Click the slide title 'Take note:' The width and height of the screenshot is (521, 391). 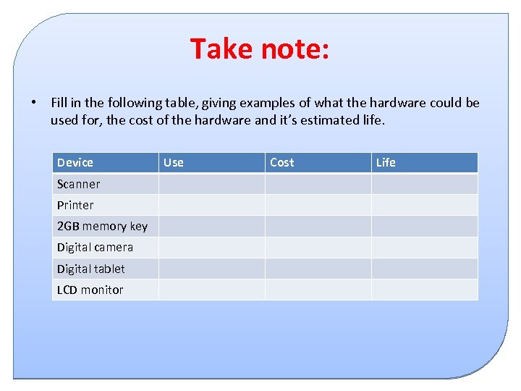pyautogui.click(x=260, y=49)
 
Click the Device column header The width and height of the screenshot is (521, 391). pyautogui.click(x=75, y=162)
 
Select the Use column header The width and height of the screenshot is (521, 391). pyautogui.click(x=174, y=162)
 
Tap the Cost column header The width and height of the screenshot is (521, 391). pyautogui.click(x=282, y=162)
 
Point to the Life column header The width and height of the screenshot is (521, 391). pyautogui.click(x=386, y=162)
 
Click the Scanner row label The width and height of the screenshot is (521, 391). pyautogui.click(x=79, y=184)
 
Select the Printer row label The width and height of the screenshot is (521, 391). pyautogui.click(x=75, y=205)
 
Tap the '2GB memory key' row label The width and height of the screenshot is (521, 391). pyautogui.click(x=102, y=226)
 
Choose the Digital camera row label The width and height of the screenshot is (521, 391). pyautogui.click(x=95, y=247)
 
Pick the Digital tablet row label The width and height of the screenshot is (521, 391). pyautogui.click(x=91, y=269)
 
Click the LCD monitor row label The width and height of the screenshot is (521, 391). pyautogui.click(x=90, y=290)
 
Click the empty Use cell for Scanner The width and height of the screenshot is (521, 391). pyautogui.click(x=211, y=184)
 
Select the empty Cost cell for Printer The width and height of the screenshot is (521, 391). pyautogui.click(x=318, y=205)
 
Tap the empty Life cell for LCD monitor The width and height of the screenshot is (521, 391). pyautogui.click(x=424, y=290)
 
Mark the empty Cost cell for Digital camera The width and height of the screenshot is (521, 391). pyautogui.click(x=318, y=247)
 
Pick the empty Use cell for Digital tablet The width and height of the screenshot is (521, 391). pyautogui.click(x=211, y=269)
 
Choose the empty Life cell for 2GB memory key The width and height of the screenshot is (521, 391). pyautogui.click(x=424, y=226)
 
